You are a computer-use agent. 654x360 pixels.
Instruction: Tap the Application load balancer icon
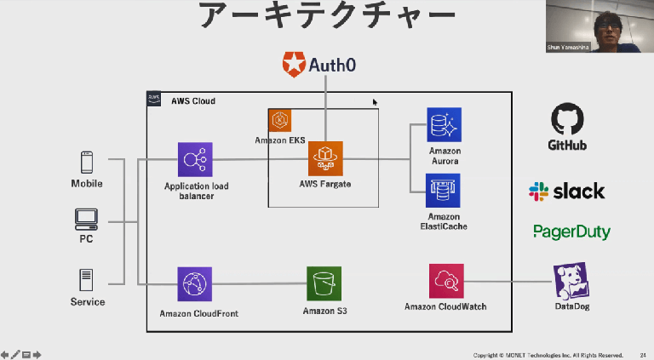tap(195, 159)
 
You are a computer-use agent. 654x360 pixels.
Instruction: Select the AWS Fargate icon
tap(325, 158)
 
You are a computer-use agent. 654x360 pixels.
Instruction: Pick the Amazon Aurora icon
tap(444, 124)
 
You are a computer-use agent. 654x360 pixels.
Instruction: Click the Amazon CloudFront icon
tap(195, 284)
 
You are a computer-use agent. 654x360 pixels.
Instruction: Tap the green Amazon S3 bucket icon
tap(324, 283)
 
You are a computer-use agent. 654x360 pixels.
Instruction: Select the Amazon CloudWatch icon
tap(446, 281)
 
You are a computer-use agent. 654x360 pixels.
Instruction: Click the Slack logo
tap(566, 191)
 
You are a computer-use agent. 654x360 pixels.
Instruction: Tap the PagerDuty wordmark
tap(571, 231)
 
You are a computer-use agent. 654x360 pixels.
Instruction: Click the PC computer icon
tap(86, 220)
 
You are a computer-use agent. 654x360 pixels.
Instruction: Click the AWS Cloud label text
tap(193, 101)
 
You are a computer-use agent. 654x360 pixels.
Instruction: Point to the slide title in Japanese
tap(326, 17)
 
